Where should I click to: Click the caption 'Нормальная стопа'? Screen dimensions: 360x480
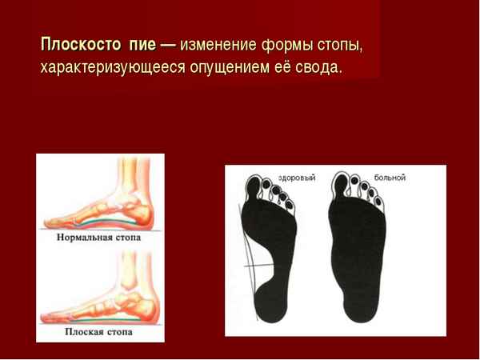pos(100,238)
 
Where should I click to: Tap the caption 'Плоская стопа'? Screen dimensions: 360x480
pos(100,330)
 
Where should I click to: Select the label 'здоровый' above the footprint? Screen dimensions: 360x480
pos(297,177)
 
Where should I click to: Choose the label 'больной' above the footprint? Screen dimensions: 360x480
pos(390,177)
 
